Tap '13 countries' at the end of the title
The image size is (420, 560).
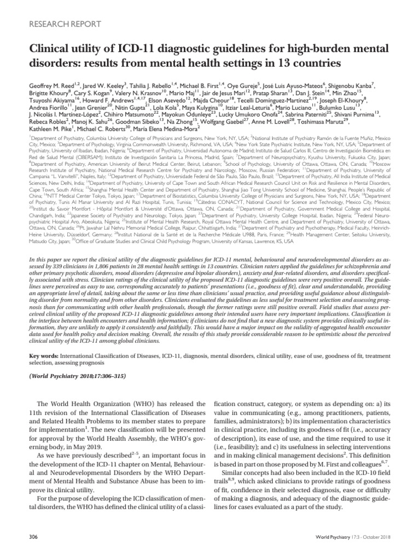[x=306, y=63]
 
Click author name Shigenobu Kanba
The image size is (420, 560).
[x=352, y=87]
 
